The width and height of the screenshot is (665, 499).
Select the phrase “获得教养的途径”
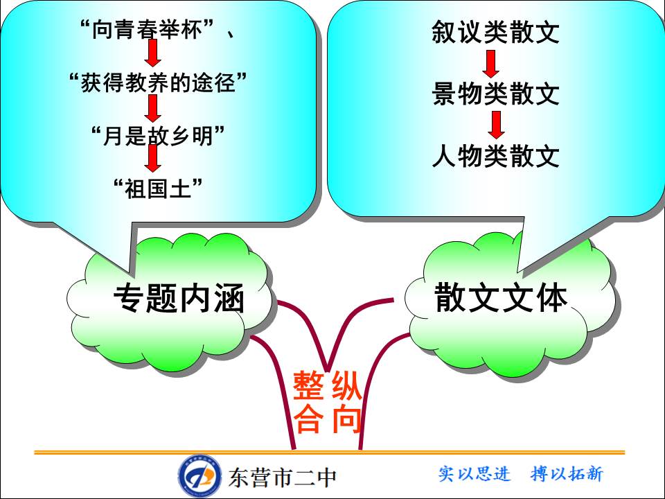pos(159,83)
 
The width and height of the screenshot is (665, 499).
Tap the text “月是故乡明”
pos(159,134)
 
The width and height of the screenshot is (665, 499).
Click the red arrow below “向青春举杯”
pos(153,55)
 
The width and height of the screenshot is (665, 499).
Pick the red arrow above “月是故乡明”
pos(153,107)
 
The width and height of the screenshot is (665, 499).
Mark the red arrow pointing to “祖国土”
pos(153,159)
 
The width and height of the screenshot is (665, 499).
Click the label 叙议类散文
pos(495,33)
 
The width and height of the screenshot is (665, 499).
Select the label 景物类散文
pos(495,94)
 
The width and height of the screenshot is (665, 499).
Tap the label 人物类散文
pos(495,157)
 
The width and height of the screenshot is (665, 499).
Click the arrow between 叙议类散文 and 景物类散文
pos(491,64)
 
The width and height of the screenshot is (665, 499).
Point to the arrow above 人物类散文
pos(496,125)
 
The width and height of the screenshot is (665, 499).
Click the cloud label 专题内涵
pos(180,299)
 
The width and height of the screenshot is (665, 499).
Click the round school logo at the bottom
pos(200,475)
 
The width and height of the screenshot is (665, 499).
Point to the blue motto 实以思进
pos(475,474)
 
